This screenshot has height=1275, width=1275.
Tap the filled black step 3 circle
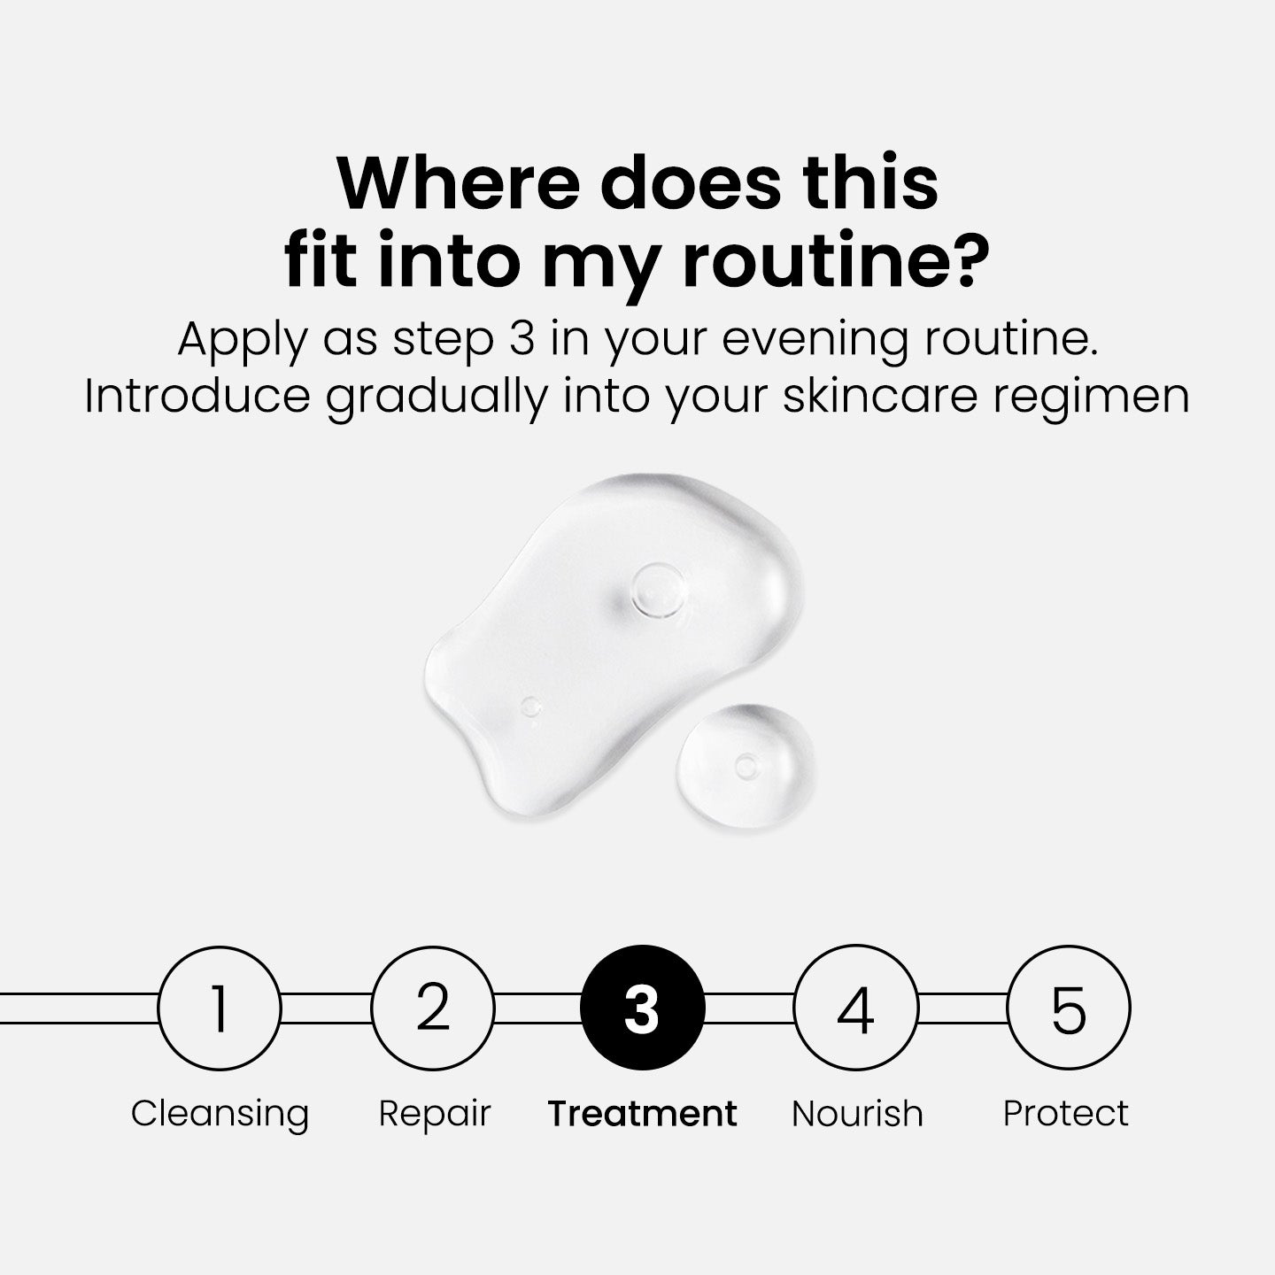click(643, 1008)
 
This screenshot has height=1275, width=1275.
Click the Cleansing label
click(220, 1114)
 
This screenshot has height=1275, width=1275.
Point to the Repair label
click(434, 1114)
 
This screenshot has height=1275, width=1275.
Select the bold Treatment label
click(642, 1113)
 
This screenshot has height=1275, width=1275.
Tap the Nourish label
click(857, 1113)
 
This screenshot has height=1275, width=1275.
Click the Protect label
click(1065, 1113)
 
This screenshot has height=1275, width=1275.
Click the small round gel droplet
click(745, 766)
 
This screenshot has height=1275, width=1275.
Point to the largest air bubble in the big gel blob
click(658, 590)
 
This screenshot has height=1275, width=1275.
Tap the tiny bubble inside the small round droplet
click(746, 767)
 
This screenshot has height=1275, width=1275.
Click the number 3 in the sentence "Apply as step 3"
click(522, 338)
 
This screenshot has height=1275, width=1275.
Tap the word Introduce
click(197, 396)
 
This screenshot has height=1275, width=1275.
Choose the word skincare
click(880, 396)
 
